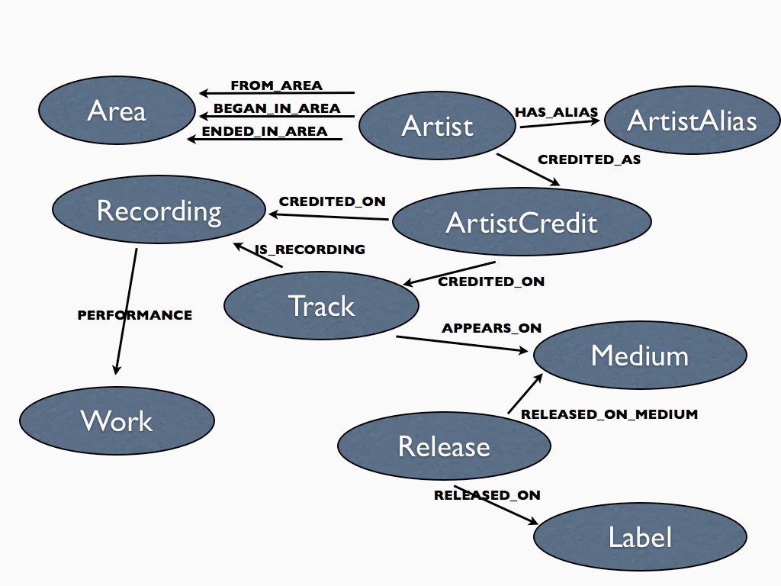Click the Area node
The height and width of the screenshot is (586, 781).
[117, 111]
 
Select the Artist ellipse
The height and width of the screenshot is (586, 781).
[437, 126]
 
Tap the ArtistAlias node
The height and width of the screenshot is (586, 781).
[692, 121]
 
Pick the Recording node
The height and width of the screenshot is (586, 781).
[159, 210]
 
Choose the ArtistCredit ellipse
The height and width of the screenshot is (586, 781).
[521, 222]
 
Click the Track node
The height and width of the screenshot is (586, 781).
[321, 305]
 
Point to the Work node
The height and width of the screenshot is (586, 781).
[117, 420]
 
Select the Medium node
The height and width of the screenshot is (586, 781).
[639, 356]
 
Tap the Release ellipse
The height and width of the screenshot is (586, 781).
[444, 446]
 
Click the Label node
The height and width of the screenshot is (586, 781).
[640, 537]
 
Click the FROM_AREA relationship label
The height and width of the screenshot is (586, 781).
[276, 85]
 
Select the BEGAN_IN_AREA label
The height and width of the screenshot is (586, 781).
[276, 108]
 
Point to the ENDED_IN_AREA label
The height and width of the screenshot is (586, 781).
[264, 131]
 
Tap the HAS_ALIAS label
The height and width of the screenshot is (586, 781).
[556, 112]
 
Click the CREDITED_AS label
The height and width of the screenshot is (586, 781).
[589, 159]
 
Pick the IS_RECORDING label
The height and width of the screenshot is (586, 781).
[310, 250]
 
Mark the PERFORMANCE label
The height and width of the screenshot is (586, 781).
[134, 314]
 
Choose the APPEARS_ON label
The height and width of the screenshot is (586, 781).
[491, 328]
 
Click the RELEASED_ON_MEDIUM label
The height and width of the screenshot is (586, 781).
[609, 414]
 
